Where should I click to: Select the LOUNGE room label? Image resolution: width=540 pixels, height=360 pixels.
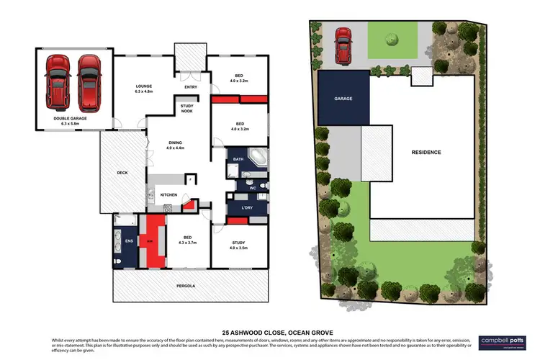pyautogui.click(x=145, y=89)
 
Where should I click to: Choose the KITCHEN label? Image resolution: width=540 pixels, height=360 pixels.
pyautogui.click(x=168, y=195)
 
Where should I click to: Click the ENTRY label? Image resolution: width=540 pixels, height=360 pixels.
pyautogui.click(x=191, y=88)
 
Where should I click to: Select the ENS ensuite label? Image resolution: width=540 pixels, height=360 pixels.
pyautogui.click(x=130, y=240)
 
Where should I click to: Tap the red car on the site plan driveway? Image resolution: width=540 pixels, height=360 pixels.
pyautogui.click(x=343, y=43)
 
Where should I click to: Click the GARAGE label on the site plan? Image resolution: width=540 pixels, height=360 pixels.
pyautogui.click(x=343, y=98)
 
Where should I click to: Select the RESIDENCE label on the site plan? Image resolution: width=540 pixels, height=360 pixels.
pyautogui.click(x=426, y=152)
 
